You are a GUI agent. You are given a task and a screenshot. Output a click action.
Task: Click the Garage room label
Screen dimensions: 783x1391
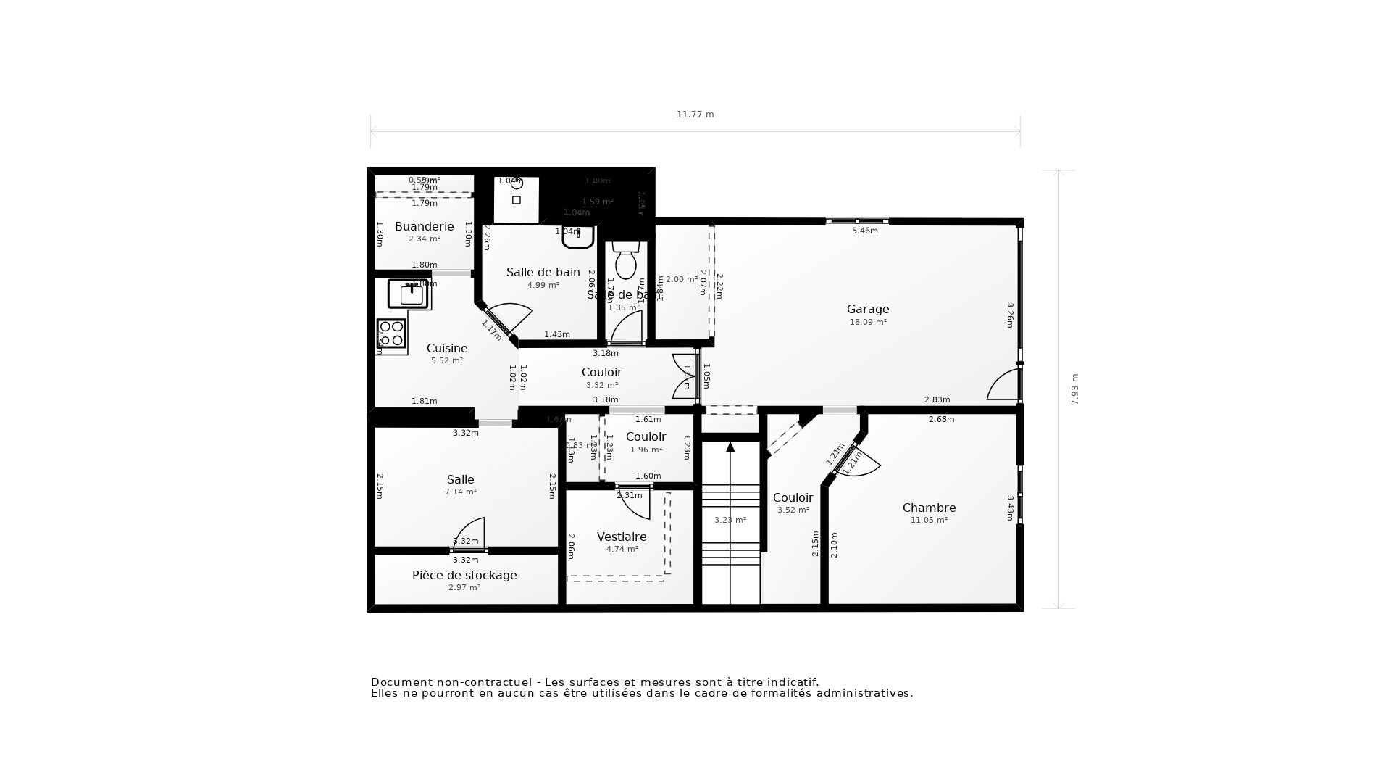click(868, 310)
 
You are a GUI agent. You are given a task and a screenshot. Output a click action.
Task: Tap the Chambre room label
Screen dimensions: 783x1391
click(929, 508)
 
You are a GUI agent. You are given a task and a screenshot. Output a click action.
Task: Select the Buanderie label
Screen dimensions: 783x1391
click(424, 227)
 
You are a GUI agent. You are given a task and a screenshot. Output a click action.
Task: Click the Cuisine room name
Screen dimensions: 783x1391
click(447, 349)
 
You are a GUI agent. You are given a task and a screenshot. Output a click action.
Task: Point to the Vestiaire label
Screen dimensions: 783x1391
click(622, 537)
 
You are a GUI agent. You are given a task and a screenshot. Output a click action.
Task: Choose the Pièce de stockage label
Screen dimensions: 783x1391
click(464, 576)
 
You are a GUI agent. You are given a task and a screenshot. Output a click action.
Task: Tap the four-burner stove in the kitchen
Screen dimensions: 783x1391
click(391, 333)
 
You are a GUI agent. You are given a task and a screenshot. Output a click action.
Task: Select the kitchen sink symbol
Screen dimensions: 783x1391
click(409, 294)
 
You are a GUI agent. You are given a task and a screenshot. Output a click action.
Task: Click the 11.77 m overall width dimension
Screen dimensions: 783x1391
click(695, 115)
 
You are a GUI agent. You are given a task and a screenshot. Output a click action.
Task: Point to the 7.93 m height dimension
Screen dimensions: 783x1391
click(1075, 389)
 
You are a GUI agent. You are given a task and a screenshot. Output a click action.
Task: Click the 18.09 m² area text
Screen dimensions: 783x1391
click(868, 323)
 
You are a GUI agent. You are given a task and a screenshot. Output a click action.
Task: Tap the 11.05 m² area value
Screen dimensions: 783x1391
click(929, 521)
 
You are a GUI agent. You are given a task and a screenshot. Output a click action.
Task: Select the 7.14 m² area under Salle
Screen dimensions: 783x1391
click(461, 492)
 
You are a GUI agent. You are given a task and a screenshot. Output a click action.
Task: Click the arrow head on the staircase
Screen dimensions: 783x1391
click(730, 447)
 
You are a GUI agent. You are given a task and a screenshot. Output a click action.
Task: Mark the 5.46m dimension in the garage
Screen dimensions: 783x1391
click(864, 231)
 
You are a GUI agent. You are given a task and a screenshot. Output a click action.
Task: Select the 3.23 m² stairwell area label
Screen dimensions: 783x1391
click(730, 521)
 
